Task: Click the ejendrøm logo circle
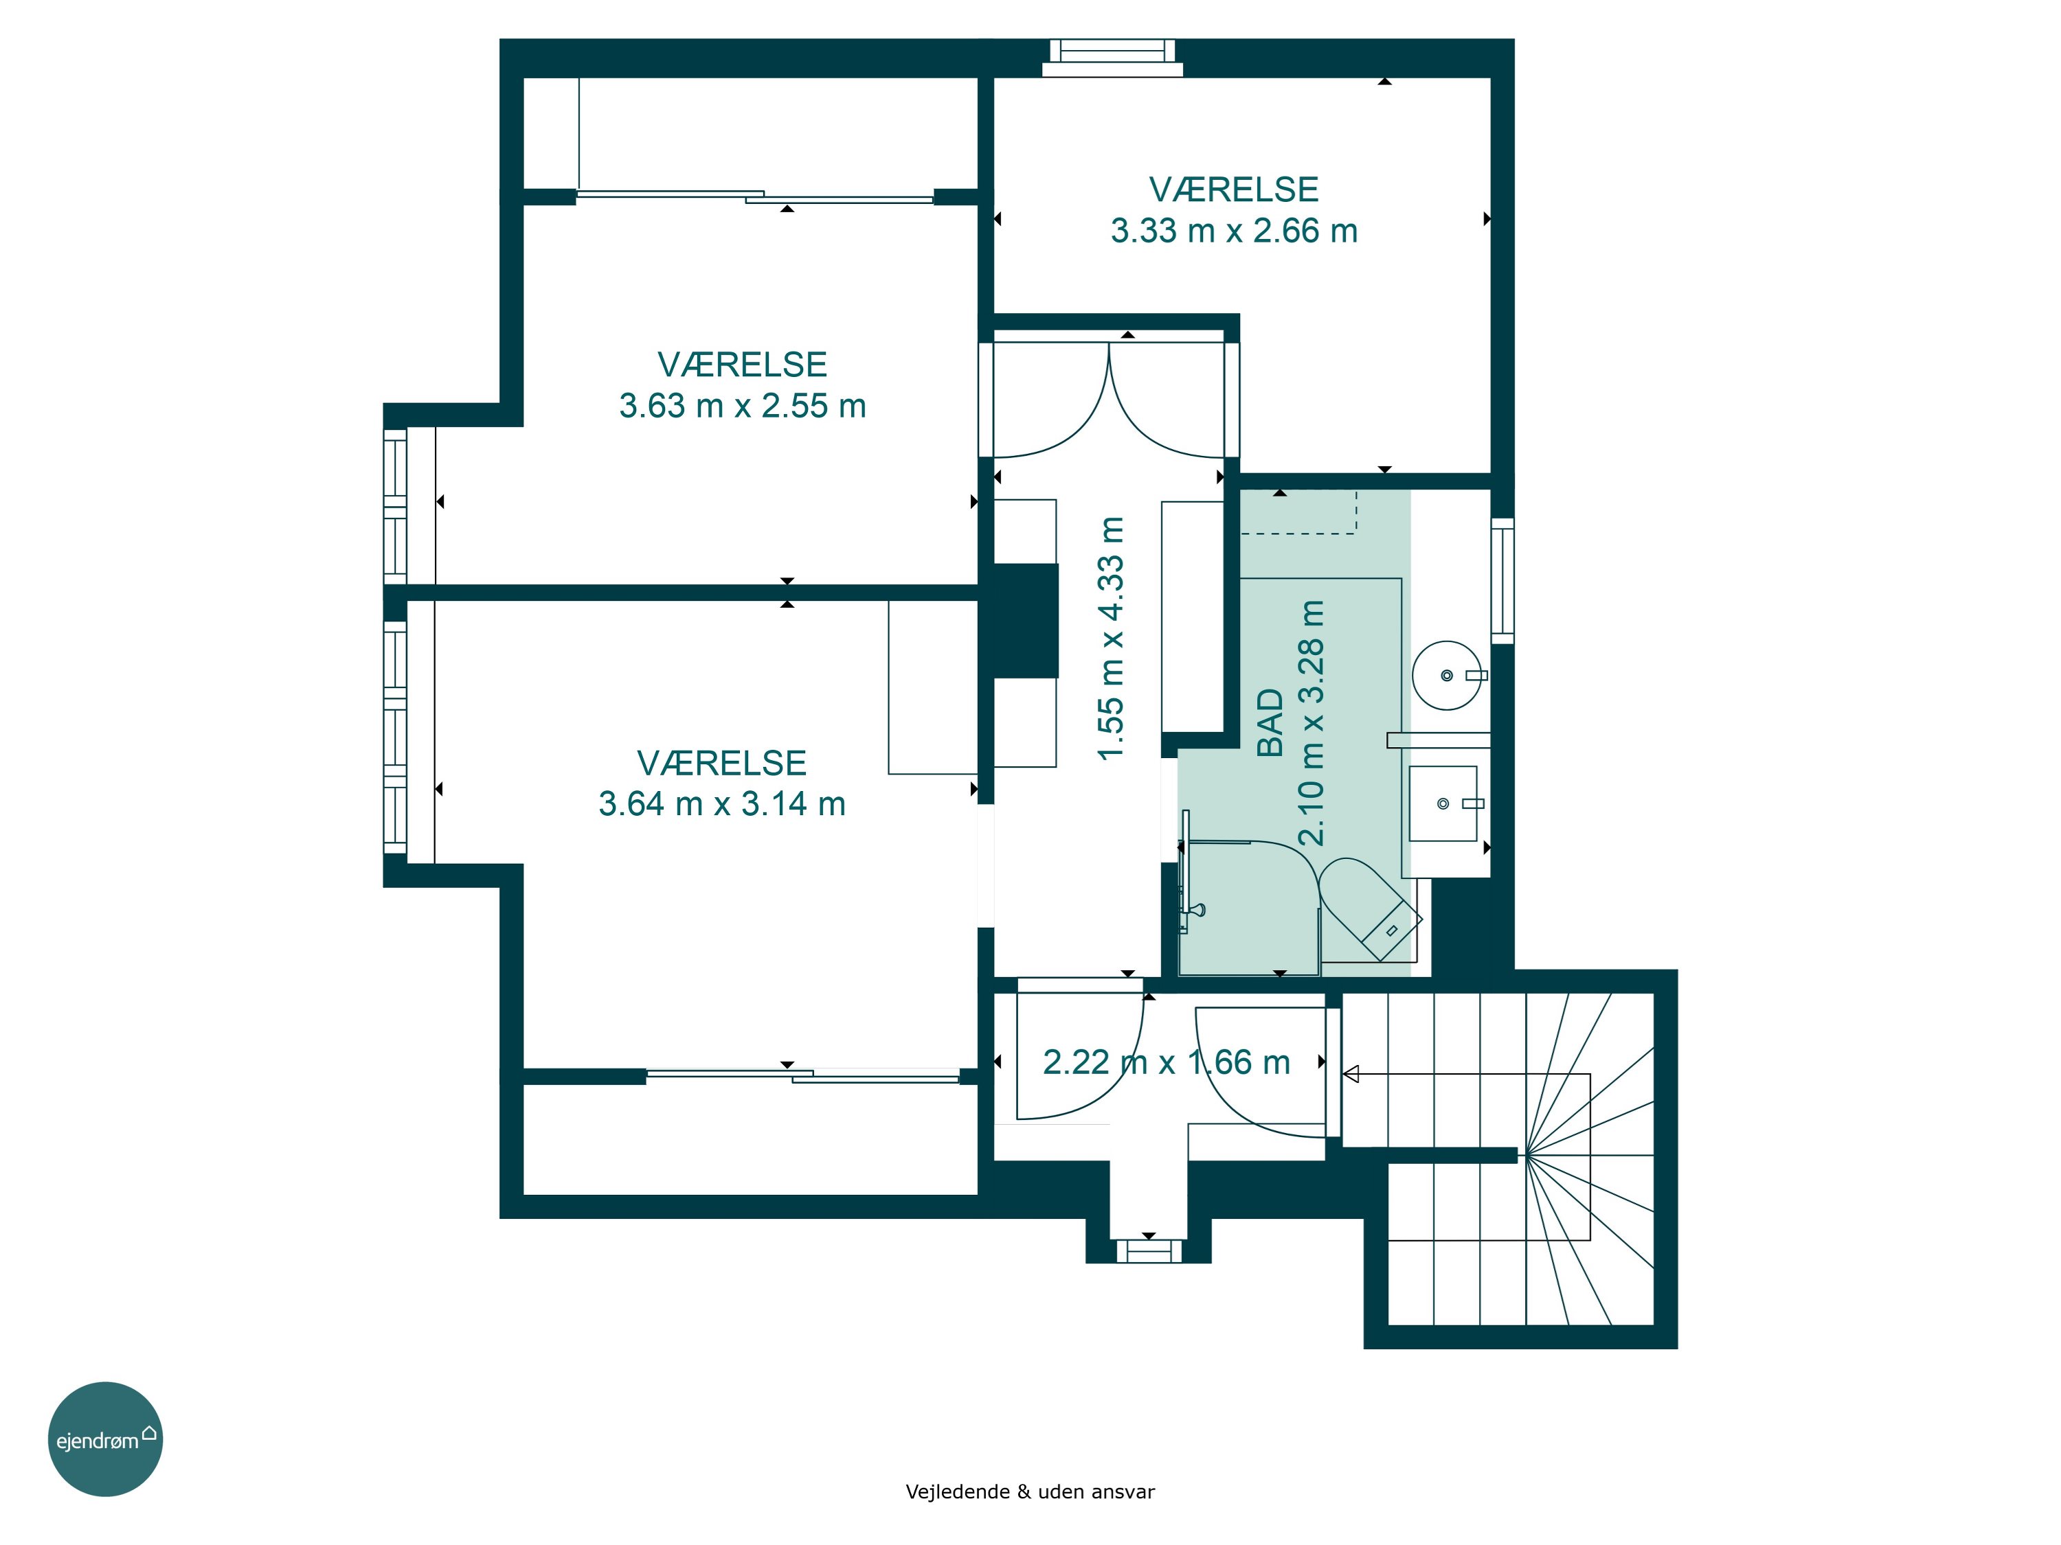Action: tap(105, 1439)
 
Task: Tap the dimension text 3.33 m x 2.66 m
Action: tap(1234, 231)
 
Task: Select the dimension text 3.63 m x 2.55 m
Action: tap(743, 406)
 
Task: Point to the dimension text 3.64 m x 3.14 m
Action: tap(722, 803)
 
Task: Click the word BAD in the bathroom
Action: tap(1271, 722)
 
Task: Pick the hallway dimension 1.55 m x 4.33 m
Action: tap(1112, 639)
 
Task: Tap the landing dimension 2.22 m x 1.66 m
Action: tap(1167, 1062)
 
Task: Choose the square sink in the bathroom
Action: tap(1443, 803)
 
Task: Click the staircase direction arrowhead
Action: tap(1350, 1075)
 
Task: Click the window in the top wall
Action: tap(1112, 58)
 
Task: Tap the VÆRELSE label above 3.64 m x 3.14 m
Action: tap(722, 764)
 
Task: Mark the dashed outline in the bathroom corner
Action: tap(1299, 512)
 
